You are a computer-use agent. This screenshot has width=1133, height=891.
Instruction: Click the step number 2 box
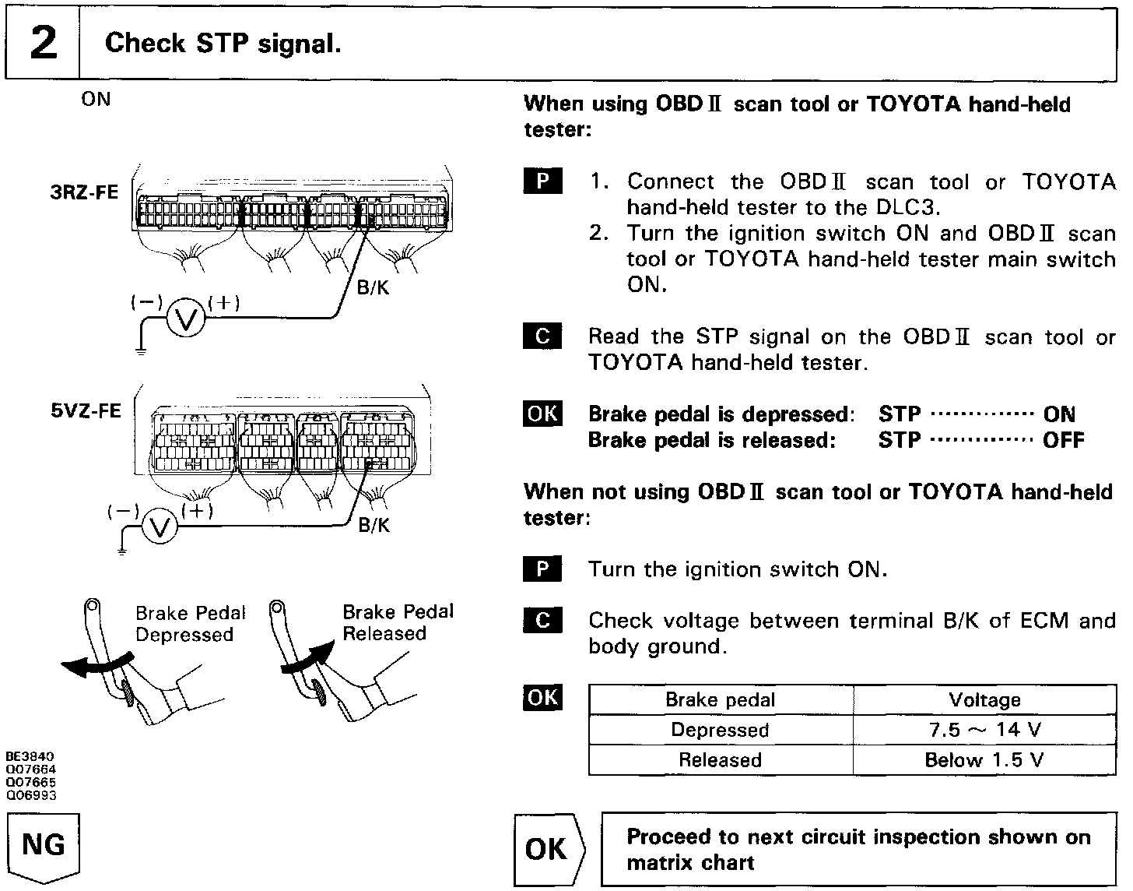point(43,44)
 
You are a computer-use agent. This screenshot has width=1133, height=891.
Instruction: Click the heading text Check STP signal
point(223,44)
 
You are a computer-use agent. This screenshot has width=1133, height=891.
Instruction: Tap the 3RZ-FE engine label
point(85,192)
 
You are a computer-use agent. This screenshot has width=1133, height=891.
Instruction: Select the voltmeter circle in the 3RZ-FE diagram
point(186,319)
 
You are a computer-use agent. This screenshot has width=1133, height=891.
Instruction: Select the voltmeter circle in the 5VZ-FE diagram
point(161,528)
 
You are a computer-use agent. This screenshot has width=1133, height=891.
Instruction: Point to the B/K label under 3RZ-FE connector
point(372,288)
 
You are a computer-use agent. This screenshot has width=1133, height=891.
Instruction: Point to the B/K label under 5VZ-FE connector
point(374,526)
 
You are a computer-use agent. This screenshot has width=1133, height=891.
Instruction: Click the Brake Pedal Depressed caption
point(190,624)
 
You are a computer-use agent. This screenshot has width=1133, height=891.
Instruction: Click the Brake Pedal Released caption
point(397,622)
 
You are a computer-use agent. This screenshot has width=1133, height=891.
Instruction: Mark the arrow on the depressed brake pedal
point(92,664)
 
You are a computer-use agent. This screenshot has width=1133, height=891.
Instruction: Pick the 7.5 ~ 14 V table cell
point(984,730)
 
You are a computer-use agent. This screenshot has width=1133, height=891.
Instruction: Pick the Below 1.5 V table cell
point(984,759)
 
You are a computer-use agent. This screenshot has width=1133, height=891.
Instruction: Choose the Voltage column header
point(984,699)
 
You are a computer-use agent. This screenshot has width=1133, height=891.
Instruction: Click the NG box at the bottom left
point(44,846)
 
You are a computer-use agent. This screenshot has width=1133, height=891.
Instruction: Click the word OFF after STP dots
point(1063,440)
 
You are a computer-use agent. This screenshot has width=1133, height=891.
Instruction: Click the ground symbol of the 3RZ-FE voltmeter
point(141,351)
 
